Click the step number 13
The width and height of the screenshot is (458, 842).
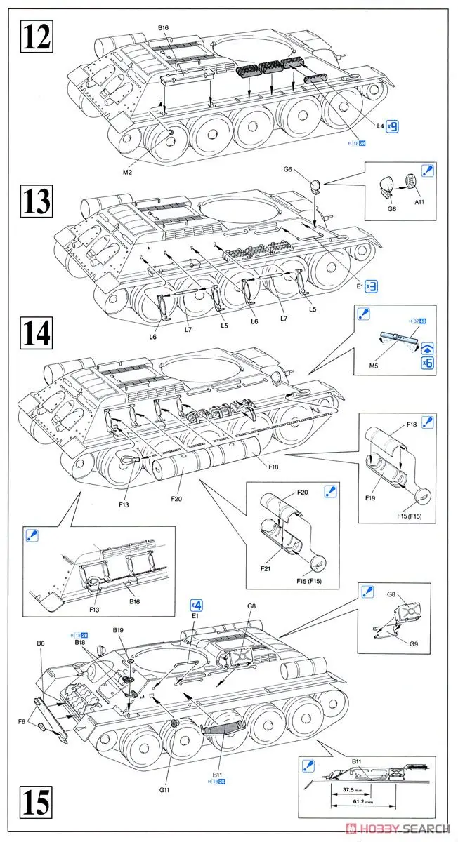(x=37, y=201)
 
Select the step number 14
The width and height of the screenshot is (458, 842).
(x=37, y=332)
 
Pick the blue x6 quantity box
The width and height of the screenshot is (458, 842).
(x=427, y=363)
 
